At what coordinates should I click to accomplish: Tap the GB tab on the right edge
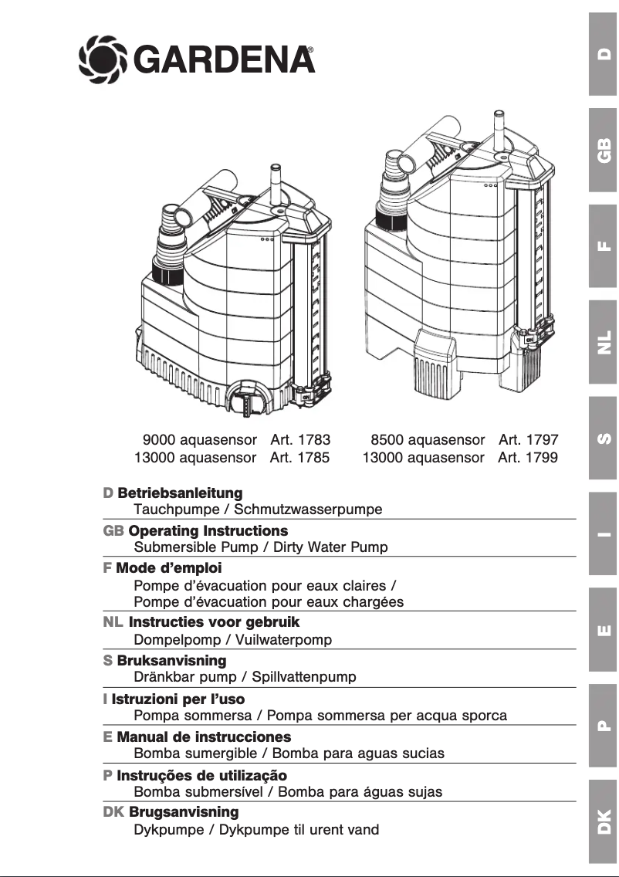pos(604,151)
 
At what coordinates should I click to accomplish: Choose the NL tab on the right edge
pos(604,341)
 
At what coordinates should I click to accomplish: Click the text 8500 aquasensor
pos(428,440)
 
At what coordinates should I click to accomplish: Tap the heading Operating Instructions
pos(208,531)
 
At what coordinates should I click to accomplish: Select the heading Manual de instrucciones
pos(204,737)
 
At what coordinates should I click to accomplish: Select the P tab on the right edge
pos(604,725)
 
